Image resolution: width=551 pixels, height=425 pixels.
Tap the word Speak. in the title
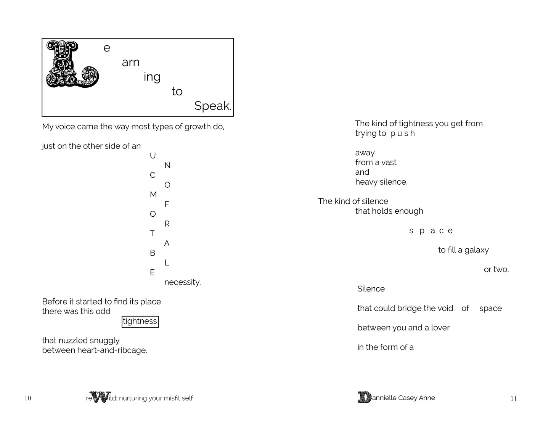213,106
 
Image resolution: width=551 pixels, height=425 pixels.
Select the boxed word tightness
140,322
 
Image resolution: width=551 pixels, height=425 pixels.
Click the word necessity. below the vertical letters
182,282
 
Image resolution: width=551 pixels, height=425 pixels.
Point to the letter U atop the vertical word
153,156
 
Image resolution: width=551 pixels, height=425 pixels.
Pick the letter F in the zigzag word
167,204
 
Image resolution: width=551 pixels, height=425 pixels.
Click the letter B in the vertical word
153,253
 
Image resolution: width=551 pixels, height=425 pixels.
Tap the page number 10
28,398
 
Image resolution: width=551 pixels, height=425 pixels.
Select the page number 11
513,399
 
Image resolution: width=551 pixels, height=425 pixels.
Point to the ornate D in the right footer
364,398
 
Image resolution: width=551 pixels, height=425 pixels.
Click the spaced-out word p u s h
402,134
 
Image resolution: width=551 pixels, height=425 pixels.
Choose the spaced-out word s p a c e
431,231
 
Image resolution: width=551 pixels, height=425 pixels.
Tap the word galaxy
476,250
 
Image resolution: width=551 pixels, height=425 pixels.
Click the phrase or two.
496,270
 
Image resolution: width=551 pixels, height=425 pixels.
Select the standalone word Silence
371,289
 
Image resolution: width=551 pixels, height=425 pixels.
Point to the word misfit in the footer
166,398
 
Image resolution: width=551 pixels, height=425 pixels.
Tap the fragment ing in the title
152,77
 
